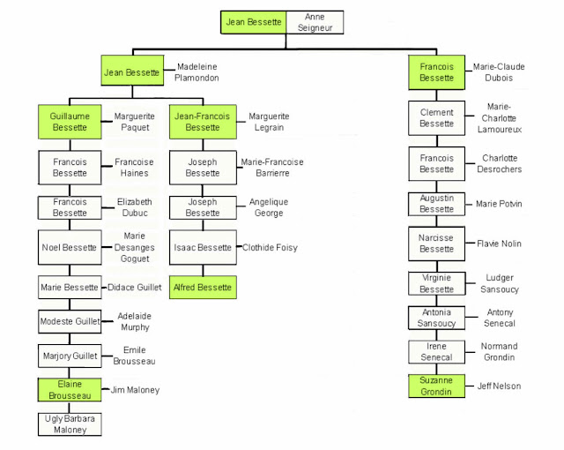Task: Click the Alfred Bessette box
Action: pos(203,288)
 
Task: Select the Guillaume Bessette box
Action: pos(70,122)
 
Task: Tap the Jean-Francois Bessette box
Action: pos(203,122)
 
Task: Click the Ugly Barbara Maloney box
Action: pos(70,424)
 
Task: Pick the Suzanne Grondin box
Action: pos(436,386)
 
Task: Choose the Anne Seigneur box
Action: pos(315,22)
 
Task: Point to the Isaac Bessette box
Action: pos(203,247)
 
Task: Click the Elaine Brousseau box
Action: pos(70,389)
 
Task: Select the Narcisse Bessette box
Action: pos(436,244)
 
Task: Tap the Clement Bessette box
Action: pos(436,118)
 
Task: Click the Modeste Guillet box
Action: pos(70,321)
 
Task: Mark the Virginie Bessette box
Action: pos(436,283)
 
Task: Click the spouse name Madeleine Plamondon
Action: pos(197,72)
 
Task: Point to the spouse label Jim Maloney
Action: pos(135,390)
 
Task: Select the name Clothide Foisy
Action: pos(270,247)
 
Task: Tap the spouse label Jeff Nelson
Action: pos(499,386)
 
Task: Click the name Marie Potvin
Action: pos(499,204)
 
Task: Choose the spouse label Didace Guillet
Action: pos(135,288)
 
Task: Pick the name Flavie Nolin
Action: pos(499,244)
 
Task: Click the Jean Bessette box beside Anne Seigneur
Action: pos(253,22)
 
